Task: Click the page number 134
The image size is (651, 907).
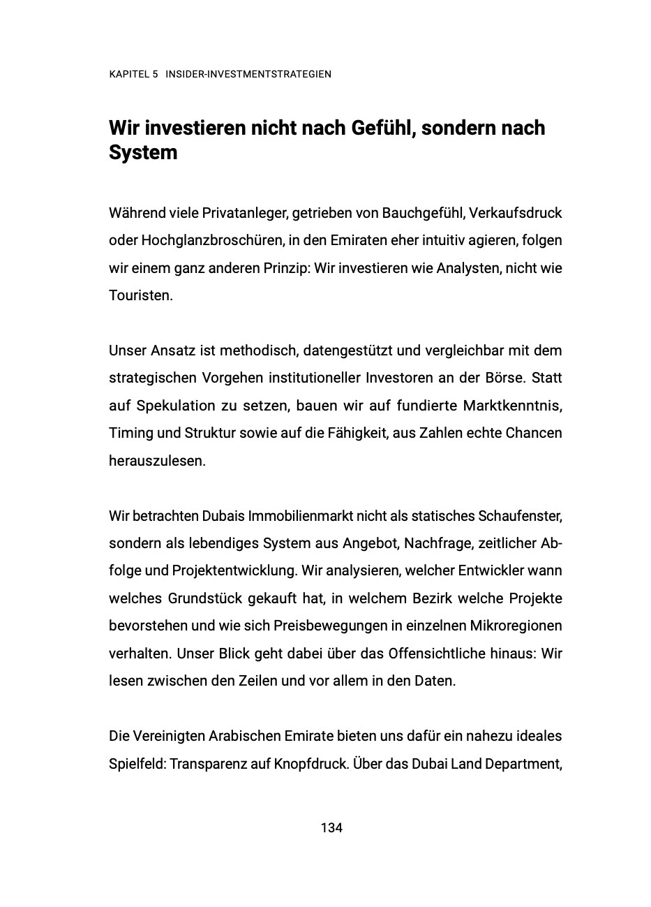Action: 331,828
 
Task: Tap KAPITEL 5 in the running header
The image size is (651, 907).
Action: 133,74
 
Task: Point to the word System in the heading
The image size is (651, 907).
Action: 143,152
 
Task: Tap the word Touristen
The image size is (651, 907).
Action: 139,295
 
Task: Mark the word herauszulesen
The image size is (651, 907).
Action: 157,461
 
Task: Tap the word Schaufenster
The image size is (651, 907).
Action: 520,516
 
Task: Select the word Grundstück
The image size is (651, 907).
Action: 205,598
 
